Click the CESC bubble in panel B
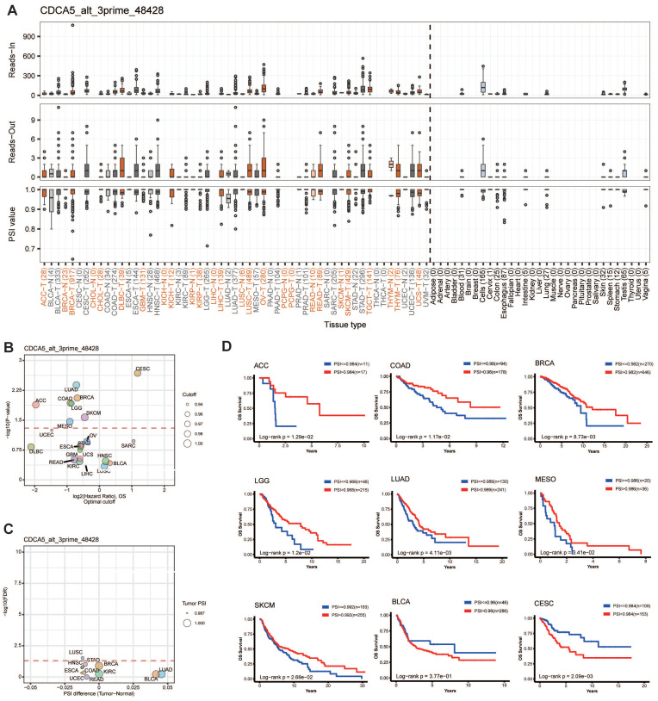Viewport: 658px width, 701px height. coord(138,347)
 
